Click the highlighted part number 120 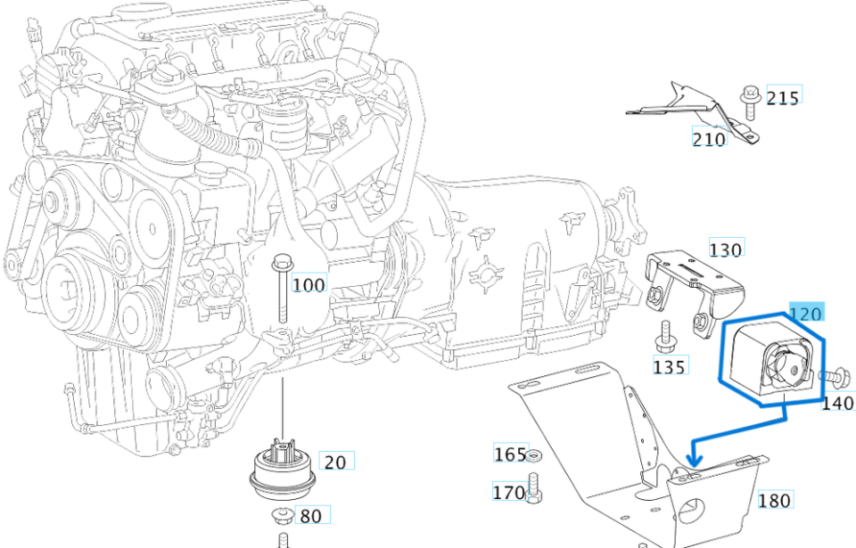(x=807, y=313)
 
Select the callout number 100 (x=309, y=284)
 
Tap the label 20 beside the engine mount (x=335, y=462)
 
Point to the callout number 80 (x=309, y=516)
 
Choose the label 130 (x=726, y=249)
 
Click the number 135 (x=670, y=366)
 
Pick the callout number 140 (x=837, y=402)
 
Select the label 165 (x=510, y=454)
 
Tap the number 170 (x=509, y=491)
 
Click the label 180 (x=774, y=500)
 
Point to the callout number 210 (x=709, y=139)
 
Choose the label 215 (x=783, y=97)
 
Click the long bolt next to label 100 (x=283, y=290)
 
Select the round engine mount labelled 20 (x=283, y=469)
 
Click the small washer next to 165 (x=533, y=456)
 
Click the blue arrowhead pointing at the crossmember (x=695, y=460)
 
